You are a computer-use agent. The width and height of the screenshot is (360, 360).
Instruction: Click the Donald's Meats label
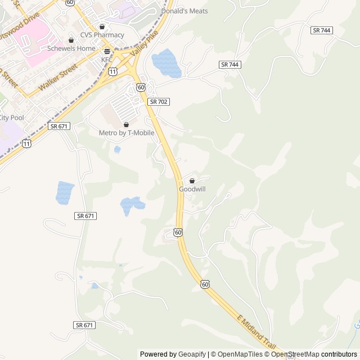click(184, 11)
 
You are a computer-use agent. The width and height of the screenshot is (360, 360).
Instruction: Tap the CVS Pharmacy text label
click(102, 35)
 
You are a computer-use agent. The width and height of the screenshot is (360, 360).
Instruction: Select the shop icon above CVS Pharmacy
click(102, 26)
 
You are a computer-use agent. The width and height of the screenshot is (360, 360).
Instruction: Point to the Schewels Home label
click(71, 48)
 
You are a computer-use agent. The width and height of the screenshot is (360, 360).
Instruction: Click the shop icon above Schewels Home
click(71, 40)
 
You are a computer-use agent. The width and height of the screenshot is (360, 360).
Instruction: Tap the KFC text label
click(107, 60)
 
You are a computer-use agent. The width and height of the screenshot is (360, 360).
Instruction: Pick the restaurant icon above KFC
click(107, 51)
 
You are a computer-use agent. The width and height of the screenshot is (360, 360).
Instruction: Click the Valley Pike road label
click(142, 44)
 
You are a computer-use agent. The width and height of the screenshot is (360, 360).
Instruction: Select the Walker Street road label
click(58, 79)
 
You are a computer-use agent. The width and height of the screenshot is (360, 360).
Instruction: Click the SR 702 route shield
click(159, 102)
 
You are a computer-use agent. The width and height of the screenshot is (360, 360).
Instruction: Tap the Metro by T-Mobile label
click(127, 133)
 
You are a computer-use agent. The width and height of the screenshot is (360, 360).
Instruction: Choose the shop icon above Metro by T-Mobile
click(127, 124)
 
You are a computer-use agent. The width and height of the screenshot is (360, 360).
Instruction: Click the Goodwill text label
click(192, 190)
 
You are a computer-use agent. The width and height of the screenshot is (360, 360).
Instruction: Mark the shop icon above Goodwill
click(192, 181)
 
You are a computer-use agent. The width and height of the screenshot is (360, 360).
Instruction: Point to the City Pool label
click(11, 118)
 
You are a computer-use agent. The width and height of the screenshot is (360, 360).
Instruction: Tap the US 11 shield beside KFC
click(113, 71)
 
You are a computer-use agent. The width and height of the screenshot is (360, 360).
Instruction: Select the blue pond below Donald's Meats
click(165, 62)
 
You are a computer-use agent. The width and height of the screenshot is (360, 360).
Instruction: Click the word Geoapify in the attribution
click(192, 354)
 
